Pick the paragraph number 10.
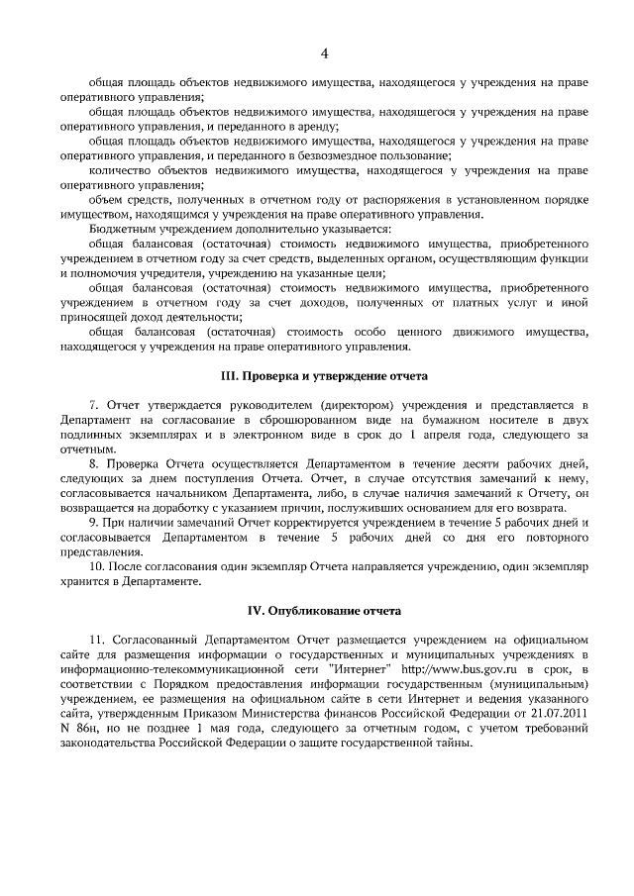click(x=96, y=564)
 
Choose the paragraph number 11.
click(x=96, y=640)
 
